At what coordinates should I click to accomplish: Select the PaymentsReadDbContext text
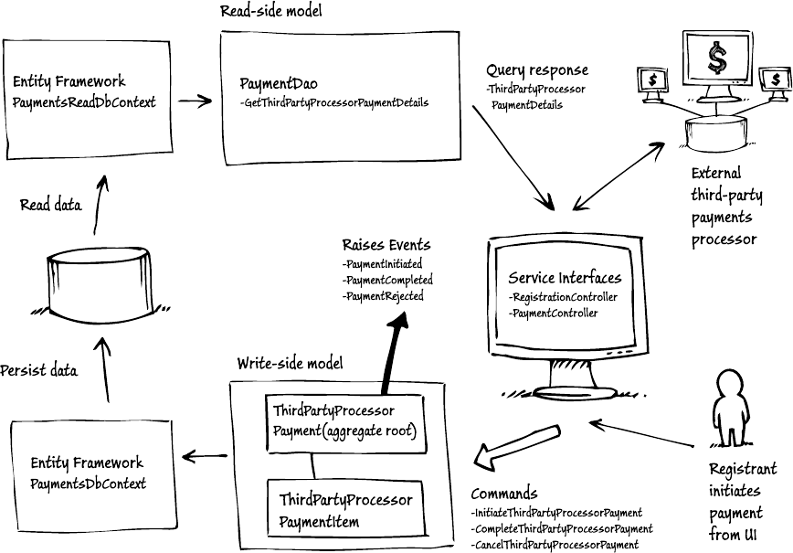[85, 102]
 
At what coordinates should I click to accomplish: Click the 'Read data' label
[50, 206]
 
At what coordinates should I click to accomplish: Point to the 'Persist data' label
[38, 370]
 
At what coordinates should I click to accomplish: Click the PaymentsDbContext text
[88, 483]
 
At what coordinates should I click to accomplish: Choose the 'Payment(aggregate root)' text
[344, 431]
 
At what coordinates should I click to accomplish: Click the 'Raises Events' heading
[386, 245]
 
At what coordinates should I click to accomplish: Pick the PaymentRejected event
[383, 296]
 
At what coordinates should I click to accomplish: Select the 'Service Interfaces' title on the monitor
[565, 278]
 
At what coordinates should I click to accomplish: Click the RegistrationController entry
[563, 297]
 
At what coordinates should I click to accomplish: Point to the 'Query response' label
[537, 70]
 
